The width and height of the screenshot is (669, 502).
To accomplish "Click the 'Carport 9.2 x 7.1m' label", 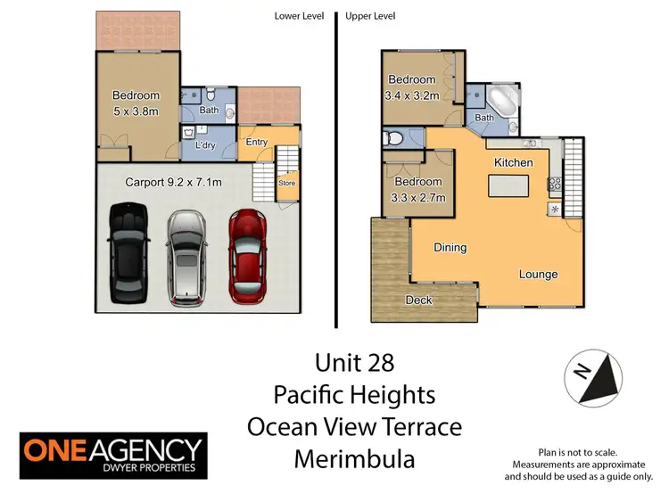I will pyautogui.click(x=173, y=182).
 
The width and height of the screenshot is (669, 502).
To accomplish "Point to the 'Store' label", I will pyautogui.click(x=286, y=185).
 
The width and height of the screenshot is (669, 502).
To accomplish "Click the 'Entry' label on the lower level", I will pyautogui.click(x=257, y=143).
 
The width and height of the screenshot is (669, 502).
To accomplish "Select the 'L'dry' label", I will pyautogui.click(x=209, y=144).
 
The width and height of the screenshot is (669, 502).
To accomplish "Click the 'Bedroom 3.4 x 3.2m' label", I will pyautogui.click(x=411, y=86).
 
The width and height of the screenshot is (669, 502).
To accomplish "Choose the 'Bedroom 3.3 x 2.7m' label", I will pyautogui.click(x=418, y=190).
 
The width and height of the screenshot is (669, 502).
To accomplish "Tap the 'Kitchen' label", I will pyautogui.click(x=514, y=162).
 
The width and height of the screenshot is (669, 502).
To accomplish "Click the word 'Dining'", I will pyautogui.click(x=450, y=247).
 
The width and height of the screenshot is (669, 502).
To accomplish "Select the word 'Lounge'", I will pyautogui.click(x=538, y=274).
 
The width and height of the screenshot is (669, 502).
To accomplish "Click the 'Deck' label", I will pyautogui.click(x=419, y=300).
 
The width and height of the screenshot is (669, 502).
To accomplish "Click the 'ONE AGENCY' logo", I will pyautogui.click(x=112, y=457).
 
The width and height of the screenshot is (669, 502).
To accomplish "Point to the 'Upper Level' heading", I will pyautogui.click(x=369, y=16).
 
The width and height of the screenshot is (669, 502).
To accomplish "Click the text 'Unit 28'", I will pyautogui.click(x=354, y=363).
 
